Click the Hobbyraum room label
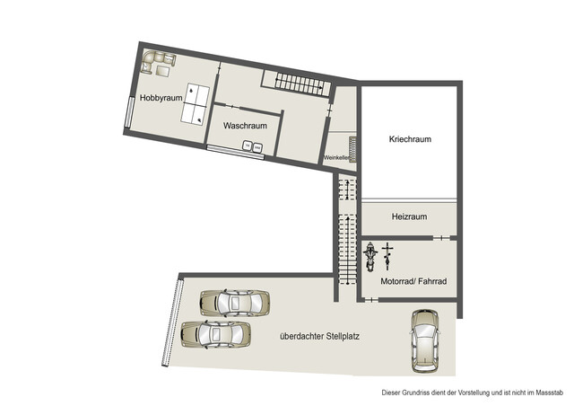tap(161, 97)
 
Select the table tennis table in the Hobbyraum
tap(196, 103)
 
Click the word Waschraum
tap(245, 126)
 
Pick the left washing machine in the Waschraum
tap(245, 148)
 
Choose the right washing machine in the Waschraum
tap(257, 148)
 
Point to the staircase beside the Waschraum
tap(300, 83)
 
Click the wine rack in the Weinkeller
tap(352, 148)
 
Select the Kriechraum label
tap(410, 139)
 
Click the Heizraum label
tap(409, 216)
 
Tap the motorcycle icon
tap(370, 256)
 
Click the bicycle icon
tap(387, 255)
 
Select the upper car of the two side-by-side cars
tap(234, 303)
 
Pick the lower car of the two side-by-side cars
tap(216, 334)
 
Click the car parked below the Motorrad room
tap(424, 340)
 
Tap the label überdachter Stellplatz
tap(320, 337)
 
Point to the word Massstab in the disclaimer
tap(546, 392)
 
